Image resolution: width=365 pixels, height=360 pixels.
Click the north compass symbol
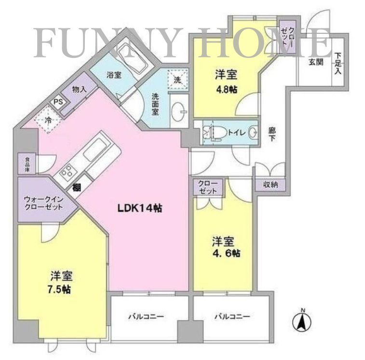(302, 320)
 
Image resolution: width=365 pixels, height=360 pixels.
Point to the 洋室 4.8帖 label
(226, 82)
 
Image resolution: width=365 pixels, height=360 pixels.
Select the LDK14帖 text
(140, 208)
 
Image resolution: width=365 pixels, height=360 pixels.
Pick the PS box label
(58, 102)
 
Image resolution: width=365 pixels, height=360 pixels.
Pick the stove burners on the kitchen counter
(66, 171)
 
